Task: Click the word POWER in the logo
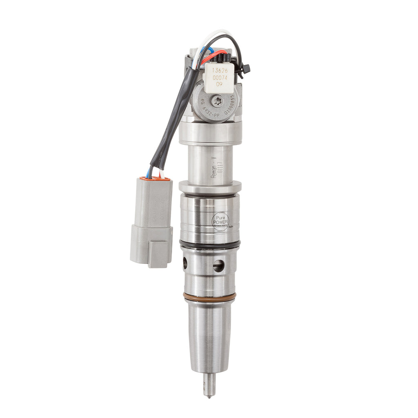point(220,222)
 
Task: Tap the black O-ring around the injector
point(210,244)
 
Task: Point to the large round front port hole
point(218,266)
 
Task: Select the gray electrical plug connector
point(151,222)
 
